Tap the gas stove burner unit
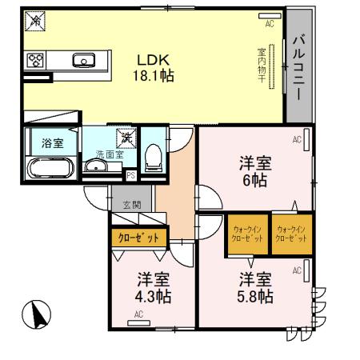(35, 60)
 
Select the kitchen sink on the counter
(82, 60)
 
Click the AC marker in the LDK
(270, 24)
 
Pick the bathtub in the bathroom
(50, 168)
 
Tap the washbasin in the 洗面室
(95, 166)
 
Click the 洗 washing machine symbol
(126, 139)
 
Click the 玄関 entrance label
(132, 206)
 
